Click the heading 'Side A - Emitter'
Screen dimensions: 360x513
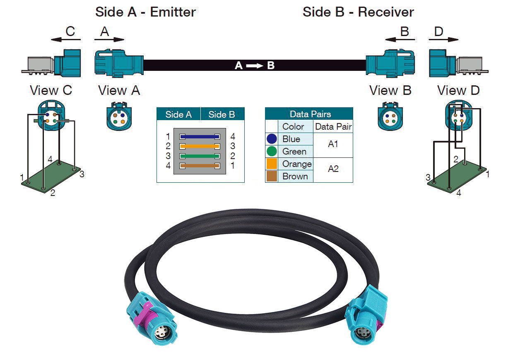pos(145,12)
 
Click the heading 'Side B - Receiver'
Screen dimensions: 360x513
pos(358,12)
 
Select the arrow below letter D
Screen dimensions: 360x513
pos(443,40)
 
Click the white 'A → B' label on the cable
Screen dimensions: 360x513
pos(255,65)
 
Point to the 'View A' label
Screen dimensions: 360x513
pos(119,90)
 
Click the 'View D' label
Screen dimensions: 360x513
pos(458,90)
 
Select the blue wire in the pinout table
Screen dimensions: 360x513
pos(199,136)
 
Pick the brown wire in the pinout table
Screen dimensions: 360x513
pos(199,166)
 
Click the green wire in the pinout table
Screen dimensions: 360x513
pos(199,156)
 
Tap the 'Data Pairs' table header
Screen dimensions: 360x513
pos(310,114)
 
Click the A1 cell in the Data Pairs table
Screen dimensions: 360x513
pos(333,145)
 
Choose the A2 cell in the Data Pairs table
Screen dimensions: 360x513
pos(333,169)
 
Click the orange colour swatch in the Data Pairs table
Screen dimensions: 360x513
pos(272,164)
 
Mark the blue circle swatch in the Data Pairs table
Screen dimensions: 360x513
pos(272,139)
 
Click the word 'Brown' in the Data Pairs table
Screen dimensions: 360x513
pos(295,176)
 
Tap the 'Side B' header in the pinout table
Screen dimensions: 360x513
pos(222,114)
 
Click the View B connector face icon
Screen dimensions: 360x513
pos(390,118)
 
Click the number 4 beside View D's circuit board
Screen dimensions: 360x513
pos(458,193)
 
